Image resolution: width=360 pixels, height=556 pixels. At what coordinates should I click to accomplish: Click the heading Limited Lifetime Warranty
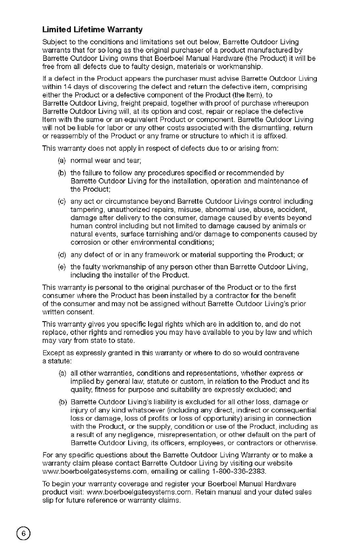92,30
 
